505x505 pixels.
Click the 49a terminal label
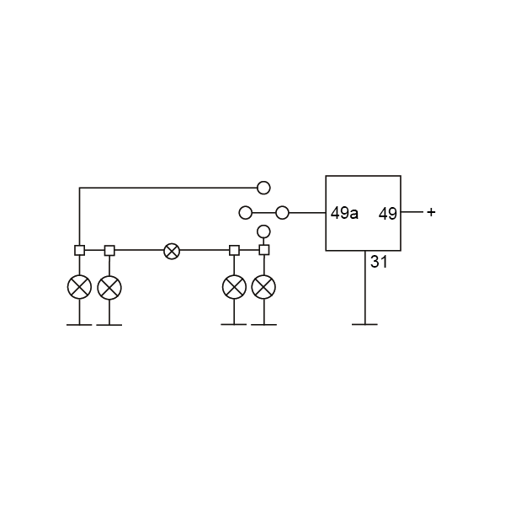point(344,213)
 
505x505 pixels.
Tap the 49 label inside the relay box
point(387,214)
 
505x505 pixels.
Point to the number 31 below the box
point(379,262)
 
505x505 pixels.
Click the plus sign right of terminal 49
point(431,212)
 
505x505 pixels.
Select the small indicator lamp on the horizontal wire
point(172,251)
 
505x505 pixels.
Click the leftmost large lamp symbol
point(79,287)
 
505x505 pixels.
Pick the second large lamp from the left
point(109,287)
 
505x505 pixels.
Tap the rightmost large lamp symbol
point(263,287)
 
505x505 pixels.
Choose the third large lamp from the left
point(234,287)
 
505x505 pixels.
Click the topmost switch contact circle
point(263,188)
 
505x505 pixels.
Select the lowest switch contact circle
point(263,231)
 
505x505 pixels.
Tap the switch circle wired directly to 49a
point(283,213)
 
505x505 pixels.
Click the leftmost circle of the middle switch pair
point(246,213)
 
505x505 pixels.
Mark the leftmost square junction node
point(80,250)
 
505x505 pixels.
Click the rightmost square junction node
point(264,250)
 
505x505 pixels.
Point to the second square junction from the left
point(109,251)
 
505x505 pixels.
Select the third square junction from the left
point(234,250)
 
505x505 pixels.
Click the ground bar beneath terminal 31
point(364,324)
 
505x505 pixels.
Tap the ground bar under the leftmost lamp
point(79,325)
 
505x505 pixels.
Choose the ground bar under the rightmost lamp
point(263,325)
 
